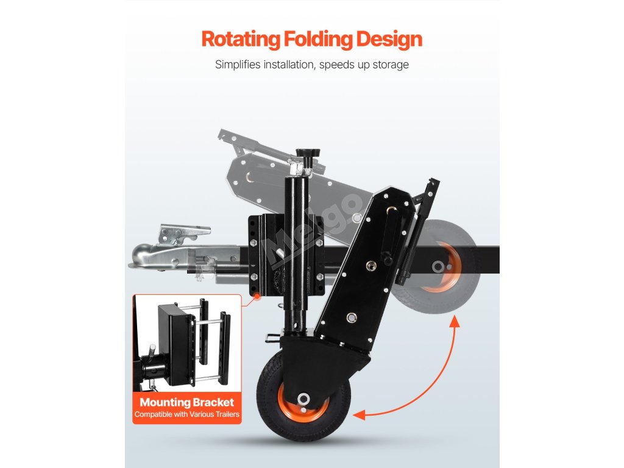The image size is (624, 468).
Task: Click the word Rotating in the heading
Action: pyautogui.click(x=239, y=40)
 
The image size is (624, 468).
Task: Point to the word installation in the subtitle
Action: pyautogui.click(x=280, y=65)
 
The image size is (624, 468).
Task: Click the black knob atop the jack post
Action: pyautogui.click(x=304, y=157)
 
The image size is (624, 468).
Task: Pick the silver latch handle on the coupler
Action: pyautogui.click(x=183, y=233)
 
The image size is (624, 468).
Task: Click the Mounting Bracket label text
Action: pyautogui.click(x=186, y=402)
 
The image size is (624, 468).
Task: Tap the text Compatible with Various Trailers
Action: pyautogui.click(x=186, y=415)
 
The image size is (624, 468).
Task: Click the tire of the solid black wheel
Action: pyautogui.click(x=274, y=414)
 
